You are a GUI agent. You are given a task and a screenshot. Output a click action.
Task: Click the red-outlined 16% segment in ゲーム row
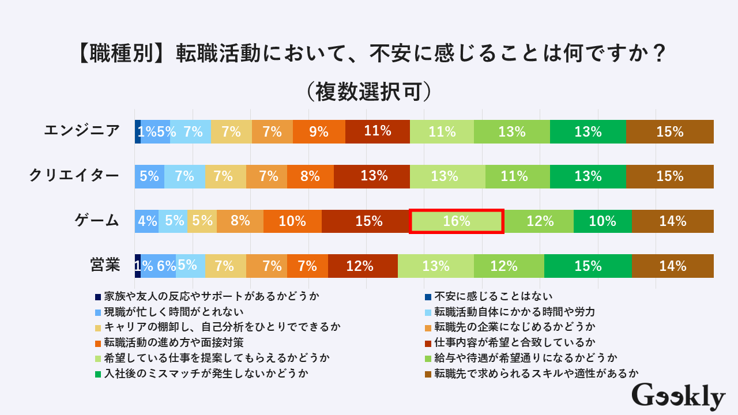pyautogui.click(x=457, y=221)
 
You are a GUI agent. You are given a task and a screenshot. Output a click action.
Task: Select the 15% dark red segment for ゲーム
pyautogui.click(x=366, y=221)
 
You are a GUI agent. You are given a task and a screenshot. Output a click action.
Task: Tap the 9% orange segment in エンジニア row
pyautogui.click(x=319, y=131)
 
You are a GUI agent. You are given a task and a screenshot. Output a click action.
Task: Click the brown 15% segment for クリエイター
pyautogui.click(x=669, y=176)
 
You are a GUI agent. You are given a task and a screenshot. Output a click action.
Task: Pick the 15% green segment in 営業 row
pyautogui.click(x=588, y=266)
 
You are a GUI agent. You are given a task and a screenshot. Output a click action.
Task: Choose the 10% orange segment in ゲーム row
pyautogui.click(x=292, y=221)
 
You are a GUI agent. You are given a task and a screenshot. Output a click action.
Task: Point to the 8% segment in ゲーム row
pyautogui.click(x=240, y=221)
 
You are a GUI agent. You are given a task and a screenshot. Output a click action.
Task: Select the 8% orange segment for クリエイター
pyautogui.click(x=310, y=176)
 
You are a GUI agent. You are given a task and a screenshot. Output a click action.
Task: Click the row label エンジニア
pyautogui.click(x=82, y=131)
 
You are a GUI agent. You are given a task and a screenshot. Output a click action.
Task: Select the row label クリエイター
pyautogui.click(x=74, y=176)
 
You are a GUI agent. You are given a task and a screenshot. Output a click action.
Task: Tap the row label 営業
pyautogui.click(x=105, y=266)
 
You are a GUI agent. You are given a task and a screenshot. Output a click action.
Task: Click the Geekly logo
pyautogui.click(x=678, y=397)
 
